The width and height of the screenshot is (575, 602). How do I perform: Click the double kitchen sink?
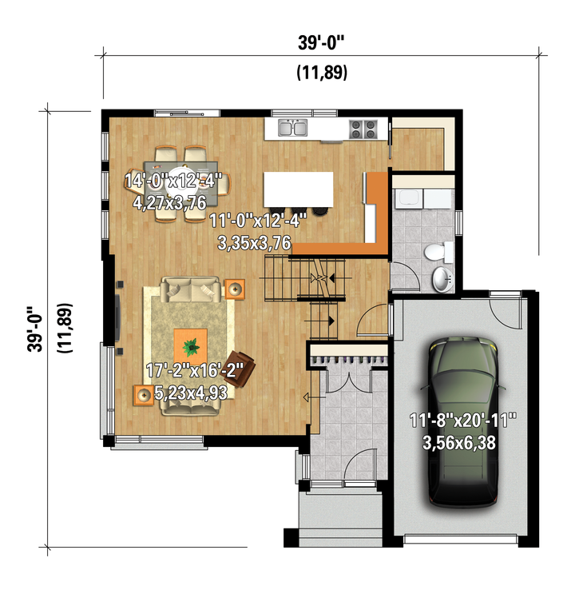tap(292, 128)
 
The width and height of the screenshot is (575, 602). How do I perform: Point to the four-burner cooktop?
tap(363, 129)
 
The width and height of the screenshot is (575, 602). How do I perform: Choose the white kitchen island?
tap(299, 189)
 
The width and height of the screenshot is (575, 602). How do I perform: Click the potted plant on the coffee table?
tap(191, 347)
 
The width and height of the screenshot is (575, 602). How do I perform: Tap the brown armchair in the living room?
tap(240, 369)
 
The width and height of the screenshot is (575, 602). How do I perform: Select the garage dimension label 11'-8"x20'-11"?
tap(463, 420)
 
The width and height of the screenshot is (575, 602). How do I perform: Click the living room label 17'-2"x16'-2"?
tap(195, 370)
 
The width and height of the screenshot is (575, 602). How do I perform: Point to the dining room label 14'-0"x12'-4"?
tap(173, 181)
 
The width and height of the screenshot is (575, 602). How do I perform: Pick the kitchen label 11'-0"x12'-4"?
tap(258, 221)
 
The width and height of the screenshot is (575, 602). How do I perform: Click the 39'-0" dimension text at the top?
tap(322, 42)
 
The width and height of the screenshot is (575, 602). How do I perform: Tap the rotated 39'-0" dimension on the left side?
tap(35, 329)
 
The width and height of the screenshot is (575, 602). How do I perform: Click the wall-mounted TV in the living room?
tap(117, 317)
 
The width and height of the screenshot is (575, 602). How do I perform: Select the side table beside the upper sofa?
tap(234, 289)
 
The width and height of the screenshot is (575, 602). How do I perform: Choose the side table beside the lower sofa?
tap(144, 395)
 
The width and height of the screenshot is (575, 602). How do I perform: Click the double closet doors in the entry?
tap(349, 381)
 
